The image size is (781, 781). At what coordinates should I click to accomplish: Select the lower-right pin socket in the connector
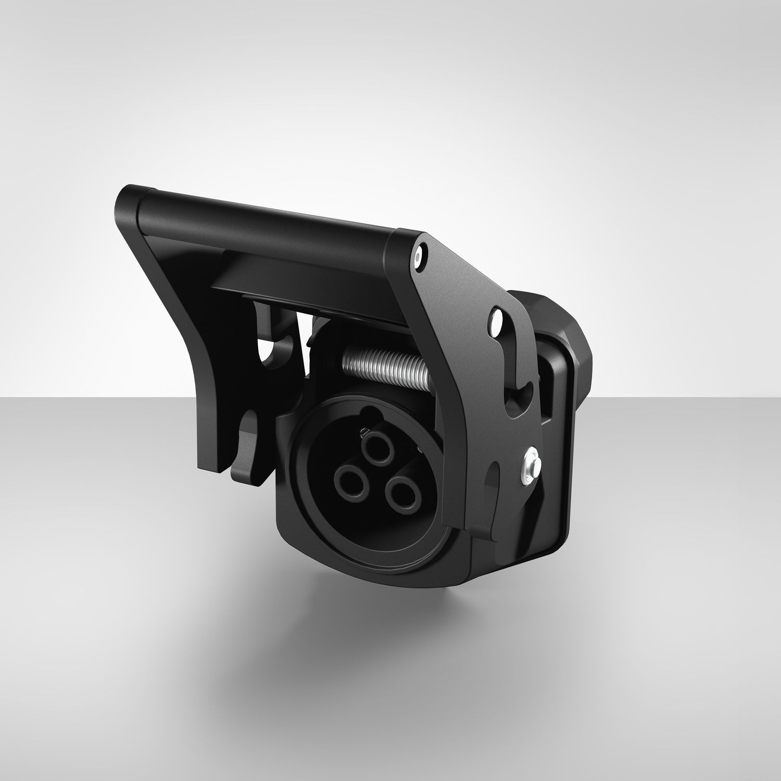click(404, 490)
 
